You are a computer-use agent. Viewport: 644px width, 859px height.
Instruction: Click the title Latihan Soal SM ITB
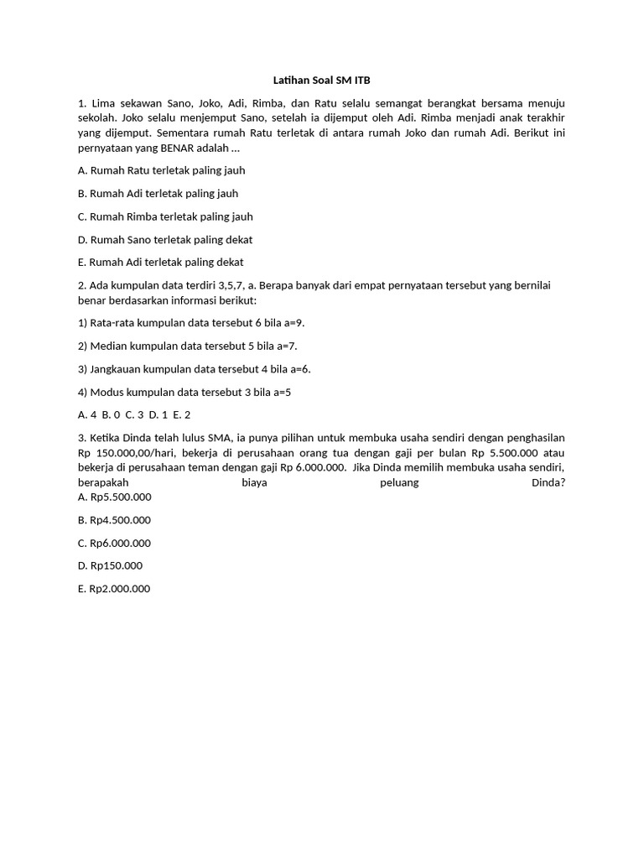(321, 81)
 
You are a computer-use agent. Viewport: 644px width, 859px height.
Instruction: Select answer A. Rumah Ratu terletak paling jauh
(161, 170)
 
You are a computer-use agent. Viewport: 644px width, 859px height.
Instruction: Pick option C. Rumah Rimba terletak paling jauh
(165, 216)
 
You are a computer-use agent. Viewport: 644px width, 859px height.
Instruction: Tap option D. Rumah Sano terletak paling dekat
(165, 239)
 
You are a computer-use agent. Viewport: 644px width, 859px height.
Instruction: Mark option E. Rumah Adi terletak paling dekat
(161, 262)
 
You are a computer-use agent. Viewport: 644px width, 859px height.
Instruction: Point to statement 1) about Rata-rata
(184, 322)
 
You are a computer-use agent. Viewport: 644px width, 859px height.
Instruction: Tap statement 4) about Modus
(184, 392)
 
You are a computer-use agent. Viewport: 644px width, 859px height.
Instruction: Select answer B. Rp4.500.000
(114, 520)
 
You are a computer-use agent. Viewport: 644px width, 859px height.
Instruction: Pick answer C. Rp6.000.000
(114, 543)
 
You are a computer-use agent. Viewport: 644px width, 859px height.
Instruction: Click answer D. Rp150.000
(110, 565)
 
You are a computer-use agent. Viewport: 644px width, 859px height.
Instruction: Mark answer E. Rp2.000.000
(114, 589)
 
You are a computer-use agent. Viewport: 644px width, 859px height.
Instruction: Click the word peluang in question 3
(399, 483)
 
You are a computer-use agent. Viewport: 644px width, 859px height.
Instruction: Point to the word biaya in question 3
(254, 483)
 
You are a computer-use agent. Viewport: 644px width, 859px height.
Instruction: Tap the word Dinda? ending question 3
(548, 483)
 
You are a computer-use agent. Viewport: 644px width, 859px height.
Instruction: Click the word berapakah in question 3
(103, 483)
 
